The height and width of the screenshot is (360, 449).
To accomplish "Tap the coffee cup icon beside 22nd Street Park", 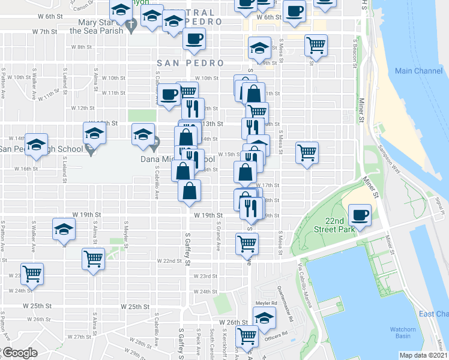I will coord(360,215).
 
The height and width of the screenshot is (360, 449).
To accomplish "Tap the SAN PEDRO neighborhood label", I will coord(190,63).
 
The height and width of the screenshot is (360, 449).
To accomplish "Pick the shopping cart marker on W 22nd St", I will coord(94,259).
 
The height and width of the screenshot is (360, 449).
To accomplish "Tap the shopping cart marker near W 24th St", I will coord(32,274).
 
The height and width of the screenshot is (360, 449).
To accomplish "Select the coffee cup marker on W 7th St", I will coord(193,40).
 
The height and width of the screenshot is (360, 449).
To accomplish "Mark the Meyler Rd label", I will coord(265,304).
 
